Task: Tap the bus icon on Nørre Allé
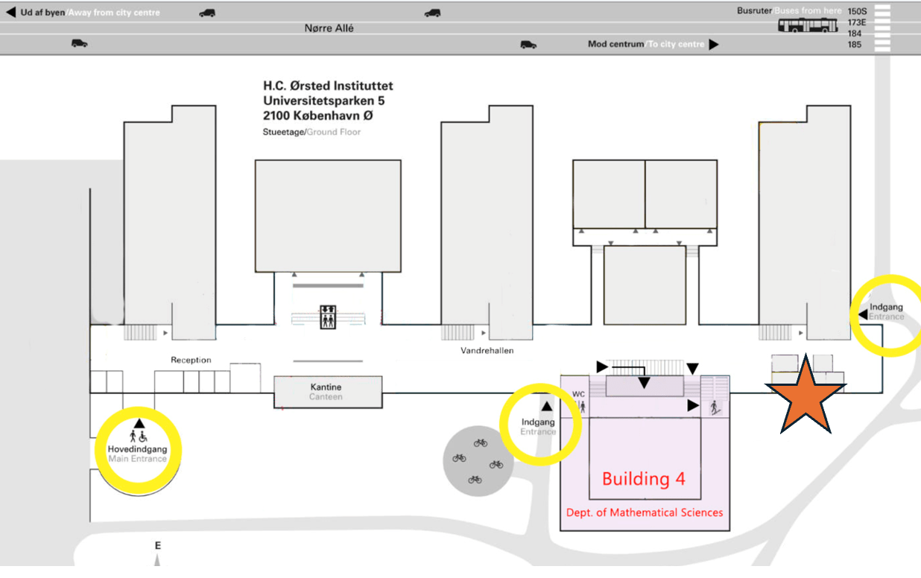[808, 26]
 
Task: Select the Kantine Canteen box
[327, 392]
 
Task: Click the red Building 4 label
[643, 479]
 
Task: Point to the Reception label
[191, 360]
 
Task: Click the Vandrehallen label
[487, 350]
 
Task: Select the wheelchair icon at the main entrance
[144, 436]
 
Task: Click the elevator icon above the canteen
[327, 317]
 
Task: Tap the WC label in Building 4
[578, 394]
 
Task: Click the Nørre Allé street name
[329, 28]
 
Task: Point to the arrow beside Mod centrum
[714, 45]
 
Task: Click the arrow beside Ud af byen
[10, 13]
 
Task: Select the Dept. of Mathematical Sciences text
[645, 512]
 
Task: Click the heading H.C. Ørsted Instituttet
[328, 86]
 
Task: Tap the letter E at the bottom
[157, 546]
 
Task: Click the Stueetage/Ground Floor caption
[311, 132]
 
